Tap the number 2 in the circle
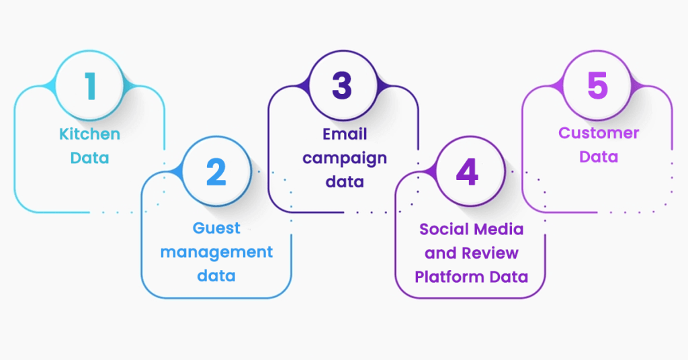click(x=216, y=173)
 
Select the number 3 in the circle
click(x=343, y=87)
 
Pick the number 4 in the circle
click(x=468, y=173)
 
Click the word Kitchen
click(x=90, y=134)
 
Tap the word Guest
click(x=216, y=228)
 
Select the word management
click(x=216, y=252)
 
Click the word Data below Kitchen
click(x=90, y=158)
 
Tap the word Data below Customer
click(x=599, y=157)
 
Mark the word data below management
click(x=216, y=275)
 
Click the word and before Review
click(x=440, y=253)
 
